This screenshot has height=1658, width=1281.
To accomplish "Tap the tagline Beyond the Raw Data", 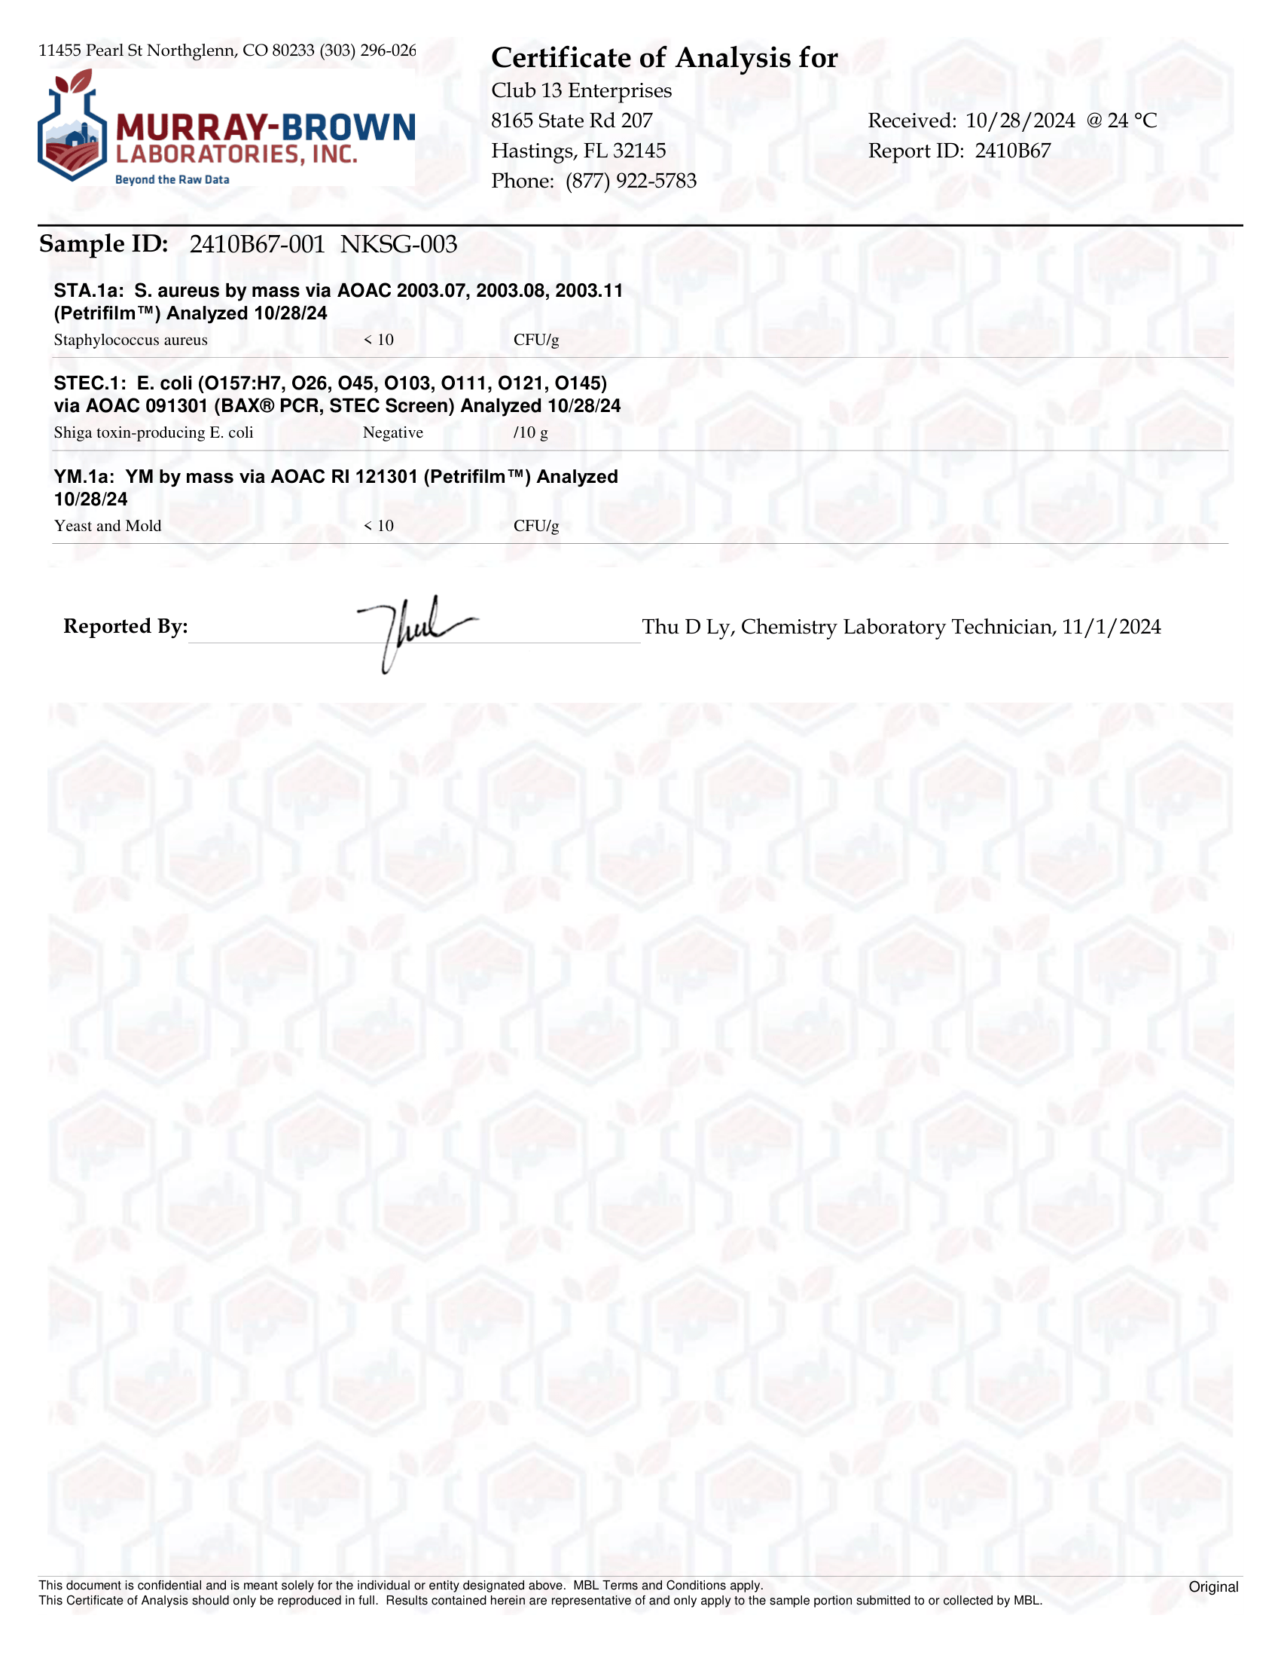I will click(172, 180).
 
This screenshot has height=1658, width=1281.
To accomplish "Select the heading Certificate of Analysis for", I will click(664, 59).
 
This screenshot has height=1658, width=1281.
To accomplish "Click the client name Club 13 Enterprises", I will click(581, 90).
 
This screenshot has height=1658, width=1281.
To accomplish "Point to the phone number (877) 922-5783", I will click(630, 181).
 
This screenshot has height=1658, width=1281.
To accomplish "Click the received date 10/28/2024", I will click(1020, 121).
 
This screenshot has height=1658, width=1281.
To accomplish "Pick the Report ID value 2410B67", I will click(1012, 151).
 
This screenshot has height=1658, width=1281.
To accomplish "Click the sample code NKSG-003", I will click(398, 245).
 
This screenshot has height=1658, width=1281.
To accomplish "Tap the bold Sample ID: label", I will click(103, 245).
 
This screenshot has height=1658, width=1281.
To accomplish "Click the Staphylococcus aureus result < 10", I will click(379, 340).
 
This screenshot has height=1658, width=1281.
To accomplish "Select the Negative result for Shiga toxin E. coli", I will click(392, 432).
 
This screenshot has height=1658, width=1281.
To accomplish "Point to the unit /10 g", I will click(530, 432).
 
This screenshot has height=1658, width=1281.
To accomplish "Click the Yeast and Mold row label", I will click(108, 526).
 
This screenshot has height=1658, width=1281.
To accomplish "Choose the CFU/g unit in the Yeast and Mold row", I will click(535, 526).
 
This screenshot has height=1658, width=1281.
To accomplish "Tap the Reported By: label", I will click(125, 626).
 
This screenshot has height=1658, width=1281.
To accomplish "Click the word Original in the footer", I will click(1212, 1586).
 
